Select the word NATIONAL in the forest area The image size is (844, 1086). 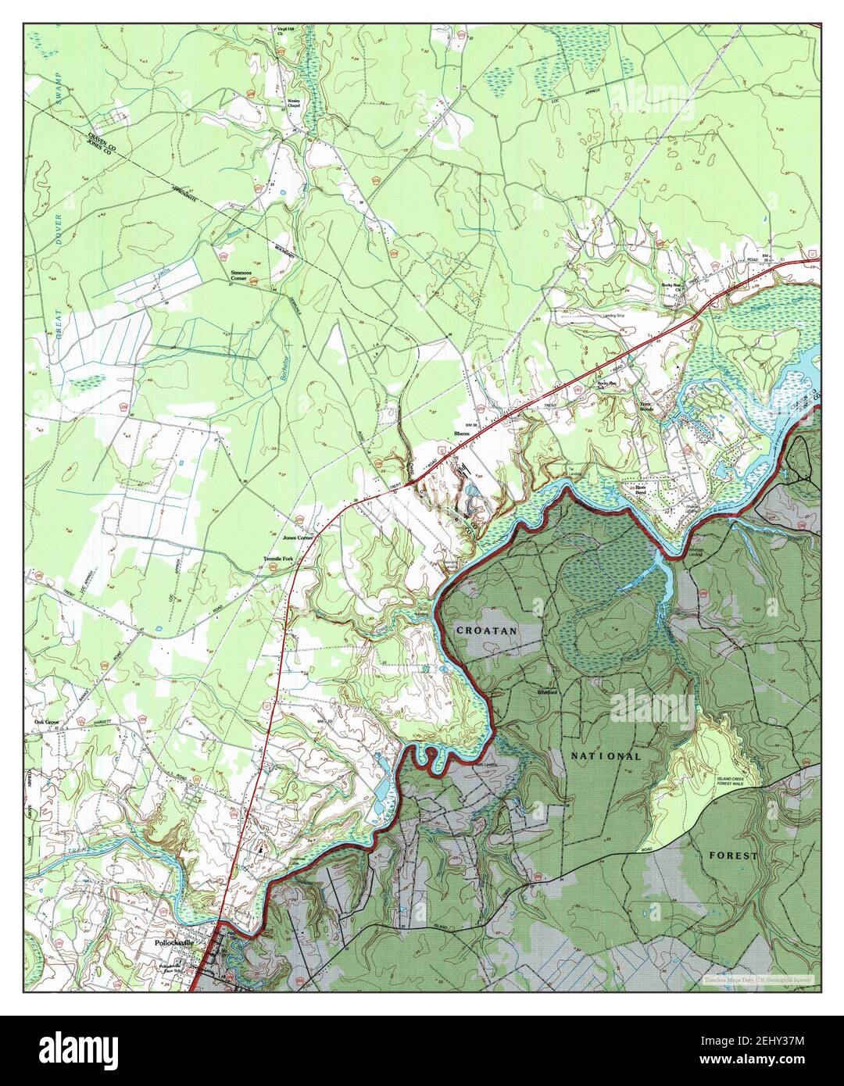(x=606, y=756)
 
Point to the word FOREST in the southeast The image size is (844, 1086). (x=732, y=856)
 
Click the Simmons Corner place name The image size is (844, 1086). (x=240, y=277)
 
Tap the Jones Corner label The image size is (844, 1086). (x=298, y=538)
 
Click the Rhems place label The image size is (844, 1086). (x=459, y=433)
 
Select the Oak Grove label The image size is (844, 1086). (x=46, y=722)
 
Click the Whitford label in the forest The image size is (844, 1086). (x=546, y=691)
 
